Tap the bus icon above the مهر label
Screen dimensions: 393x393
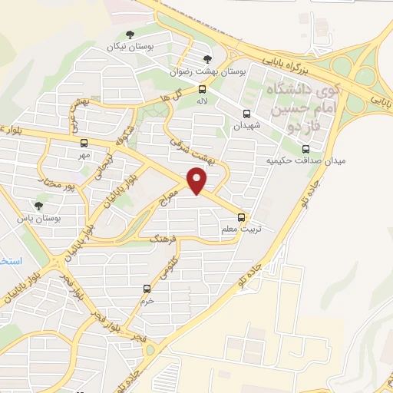tap(84, 143)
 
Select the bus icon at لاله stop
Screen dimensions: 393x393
tap(202, 88)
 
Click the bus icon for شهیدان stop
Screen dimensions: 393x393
tap(246, 113)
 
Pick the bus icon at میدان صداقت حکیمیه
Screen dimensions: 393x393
tap(305, 149)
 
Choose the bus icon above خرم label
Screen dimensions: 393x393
tap(147, 289)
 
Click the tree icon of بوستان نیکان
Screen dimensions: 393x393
tap(130, 35)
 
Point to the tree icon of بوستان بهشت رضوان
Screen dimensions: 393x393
tap(205, 58)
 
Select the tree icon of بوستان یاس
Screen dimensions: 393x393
tap(38, 206)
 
